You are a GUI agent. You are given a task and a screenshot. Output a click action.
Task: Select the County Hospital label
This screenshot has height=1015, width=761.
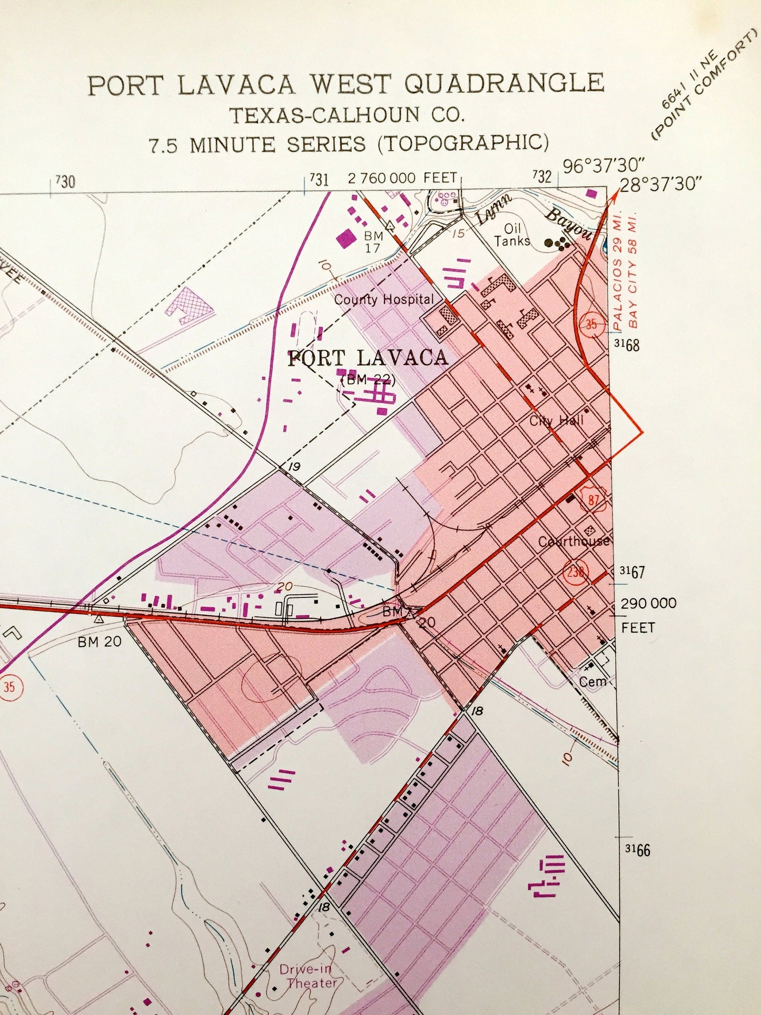click(384, 300)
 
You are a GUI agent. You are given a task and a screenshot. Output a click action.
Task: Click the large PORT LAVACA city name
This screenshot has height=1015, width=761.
click(368, 358)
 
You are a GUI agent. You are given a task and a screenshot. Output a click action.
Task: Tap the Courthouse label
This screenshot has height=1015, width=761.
click(574, 541)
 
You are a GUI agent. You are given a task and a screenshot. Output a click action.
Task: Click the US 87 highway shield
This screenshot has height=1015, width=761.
click(593, 499)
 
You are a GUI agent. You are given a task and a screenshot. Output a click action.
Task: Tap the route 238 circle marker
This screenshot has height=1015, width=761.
click(576, 571)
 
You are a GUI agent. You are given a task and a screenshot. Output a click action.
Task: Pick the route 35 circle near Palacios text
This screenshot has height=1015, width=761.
click(591, 324)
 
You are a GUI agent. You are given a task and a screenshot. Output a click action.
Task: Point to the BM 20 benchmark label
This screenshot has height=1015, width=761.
click(100, 642)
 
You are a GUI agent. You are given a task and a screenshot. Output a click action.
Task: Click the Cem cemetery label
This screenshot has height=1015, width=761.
click(592, 682)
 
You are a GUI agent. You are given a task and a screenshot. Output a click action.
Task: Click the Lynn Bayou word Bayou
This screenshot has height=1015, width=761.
click(569, 224)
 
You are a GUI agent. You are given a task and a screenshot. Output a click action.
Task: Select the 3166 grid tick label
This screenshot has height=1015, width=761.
click(637, 850)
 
